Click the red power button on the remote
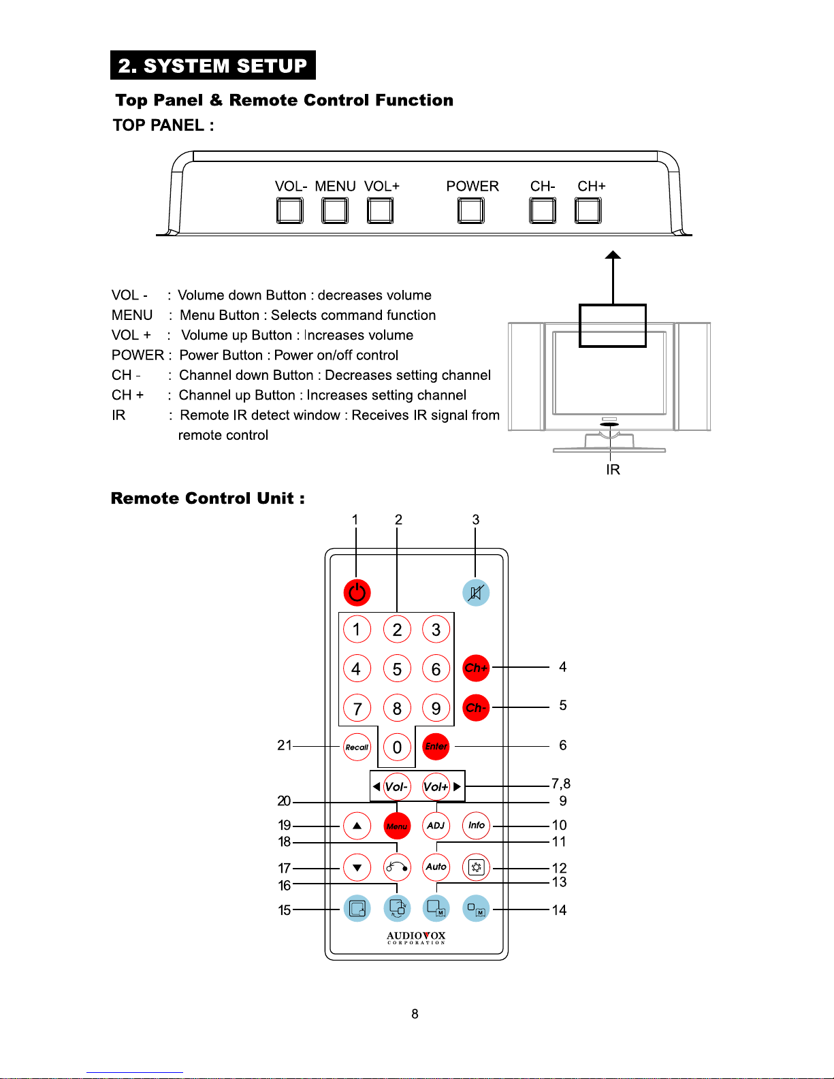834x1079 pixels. coord(357,592)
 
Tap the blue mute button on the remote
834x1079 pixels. coord(476,592)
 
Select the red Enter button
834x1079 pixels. coord(436,746)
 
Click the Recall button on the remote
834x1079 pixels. coord(357,747)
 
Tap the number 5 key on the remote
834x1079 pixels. coord(397,669)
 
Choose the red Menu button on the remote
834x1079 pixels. coord(397,826)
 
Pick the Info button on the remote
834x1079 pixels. coord(476,826)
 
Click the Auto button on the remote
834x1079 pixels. coord(436,867)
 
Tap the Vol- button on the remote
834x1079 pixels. coord(396,787)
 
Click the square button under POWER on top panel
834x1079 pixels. coord(471,210)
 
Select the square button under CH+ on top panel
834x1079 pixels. coord(588,210)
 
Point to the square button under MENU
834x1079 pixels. coord(335,210)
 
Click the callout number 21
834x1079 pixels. coord(285,745)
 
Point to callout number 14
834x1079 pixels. coord(559,910)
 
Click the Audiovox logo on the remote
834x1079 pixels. coord(416,937)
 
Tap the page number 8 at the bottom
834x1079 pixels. coord(415,1014)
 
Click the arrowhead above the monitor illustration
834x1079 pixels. coord(613,255)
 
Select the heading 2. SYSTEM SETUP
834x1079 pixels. coord(213,65)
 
